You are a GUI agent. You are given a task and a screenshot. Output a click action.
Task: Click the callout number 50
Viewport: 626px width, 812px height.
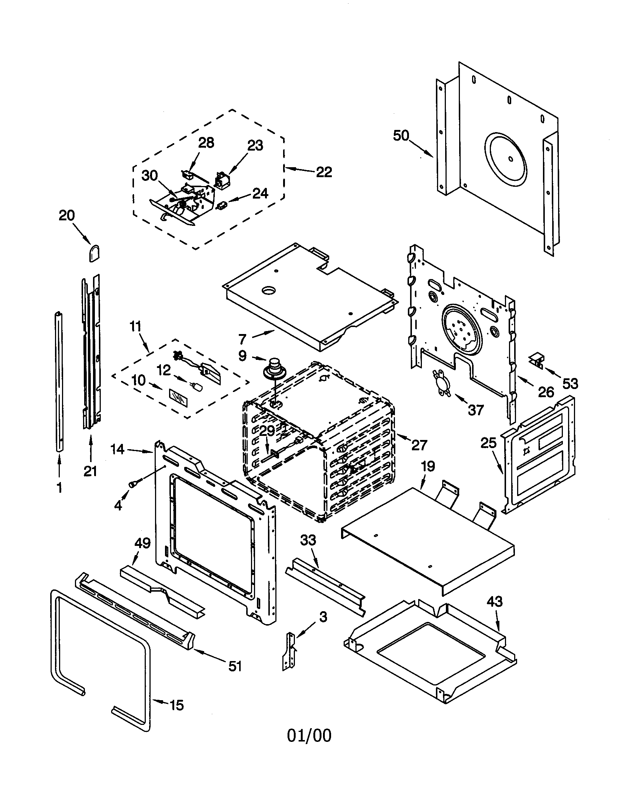click(x=401, y=136)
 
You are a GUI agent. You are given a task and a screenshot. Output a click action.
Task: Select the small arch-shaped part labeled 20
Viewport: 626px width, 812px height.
click(x=94, y=254)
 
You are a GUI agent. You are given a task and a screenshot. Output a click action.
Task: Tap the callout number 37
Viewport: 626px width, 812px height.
click(x=476, y=410)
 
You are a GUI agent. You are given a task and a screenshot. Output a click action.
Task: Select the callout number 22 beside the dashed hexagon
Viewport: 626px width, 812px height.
click(x=324, y=172)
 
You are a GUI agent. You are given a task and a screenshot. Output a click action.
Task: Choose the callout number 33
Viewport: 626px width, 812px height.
click(x=308, y=540)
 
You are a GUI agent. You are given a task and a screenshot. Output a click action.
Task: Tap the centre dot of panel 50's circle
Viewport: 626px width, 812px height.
click(x=510, y=159)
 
